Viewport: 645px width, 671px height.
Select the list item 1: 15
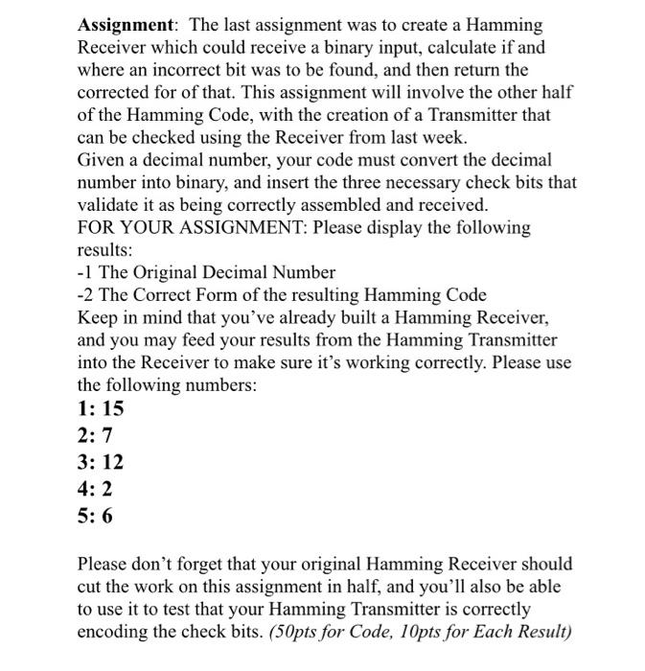pos(101,408)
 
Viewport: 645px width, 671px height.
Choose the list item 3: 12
pos(101,462)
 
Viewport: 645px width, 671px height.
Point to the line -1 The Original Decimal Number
pos(206,272)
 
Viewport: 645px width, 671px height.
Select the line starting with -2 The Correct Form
pos(282,295)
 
